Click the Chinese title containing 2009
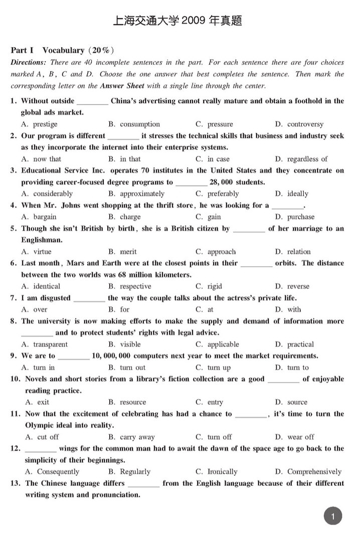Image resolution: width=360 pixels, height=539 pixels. coord(178,21)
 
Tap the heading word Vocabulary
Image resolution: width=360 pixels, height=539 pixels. coord(63,50)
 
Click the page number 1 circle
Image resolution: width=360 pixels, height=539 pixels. coord(333,515)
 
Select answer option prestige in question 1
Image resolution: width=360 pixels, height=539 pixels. coord(45,124)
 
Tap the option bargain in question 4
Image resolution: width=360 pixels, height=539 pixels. coord(45,217)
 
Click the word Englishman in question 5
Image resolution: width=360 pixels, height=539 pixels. coord(43,240)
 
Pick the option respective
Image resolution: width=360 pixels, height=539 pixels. coord(135,286)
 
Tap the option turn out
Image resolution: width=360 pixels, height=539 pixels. coord(132,368)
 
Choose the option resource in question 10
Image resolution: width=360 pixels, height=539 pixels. coord(133,402)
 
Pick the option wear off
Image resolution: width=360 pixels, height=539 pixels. coord(301,437)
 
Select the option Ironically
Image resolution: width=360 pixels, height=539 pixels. coord(222,472)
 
